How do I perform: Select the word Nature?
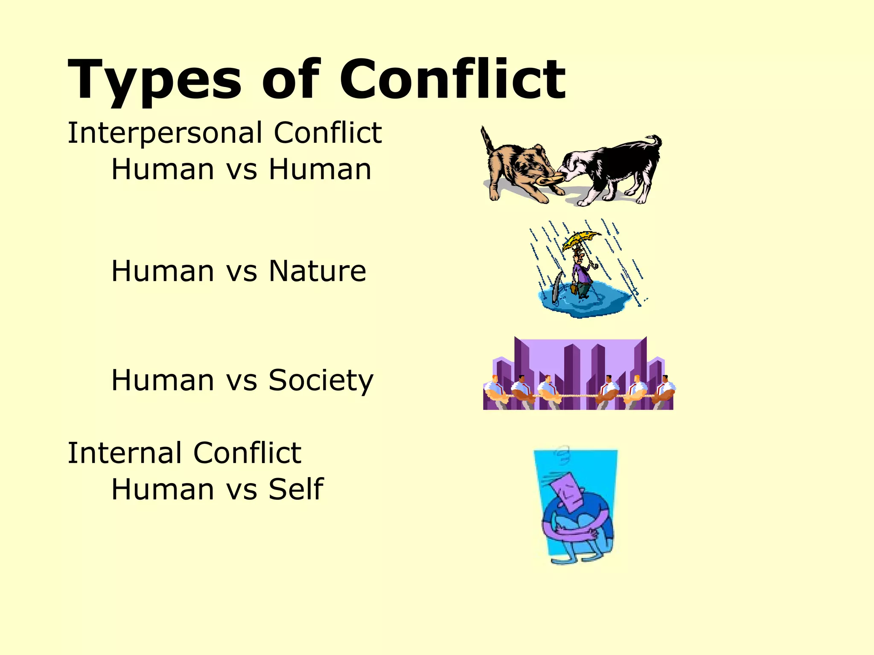318,271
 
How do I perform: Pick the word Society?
321,380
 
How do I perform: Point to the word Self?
296,489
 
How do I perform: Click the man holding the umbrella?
581,273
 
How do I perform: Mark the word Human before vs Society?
163,380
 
